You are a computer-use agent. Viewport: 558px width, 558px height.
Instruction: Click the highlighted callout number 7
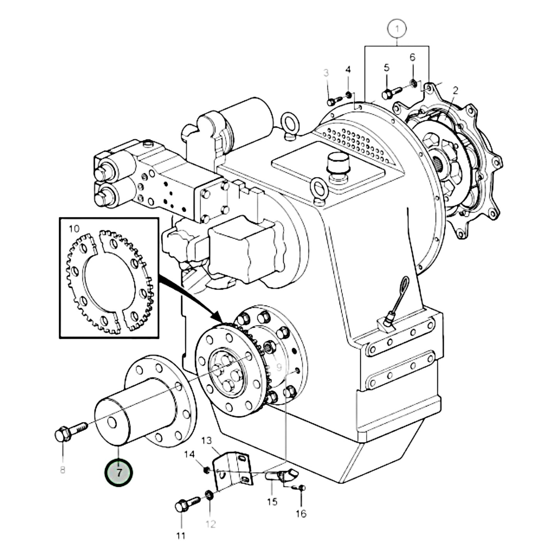click(x=119, y=472)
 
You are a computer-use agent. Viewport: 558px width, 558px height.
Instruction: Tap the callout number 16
click(x=301, y=513)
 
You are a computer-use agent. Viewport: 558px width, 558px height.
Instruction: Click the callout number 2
click(x=456, y=90)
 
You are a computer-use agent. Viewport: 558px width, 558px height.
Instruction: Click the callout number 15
click(x=272, y=502)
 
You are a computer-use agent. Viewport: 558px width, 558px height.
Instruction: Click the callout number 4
click(x=348, y=70)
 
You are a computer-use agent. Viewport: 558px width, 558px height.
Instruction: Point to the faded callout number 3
click(x=326, y=73)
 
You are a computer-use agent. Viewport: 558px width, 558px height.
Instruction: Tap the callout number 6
click(x=412, y=57)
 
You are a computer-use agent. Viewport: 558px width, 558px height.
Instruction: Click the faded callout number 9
click(x=279, y=365)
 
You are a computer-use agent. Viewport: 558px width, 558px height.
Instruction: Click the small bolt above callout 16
click(x=301, y=488)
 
